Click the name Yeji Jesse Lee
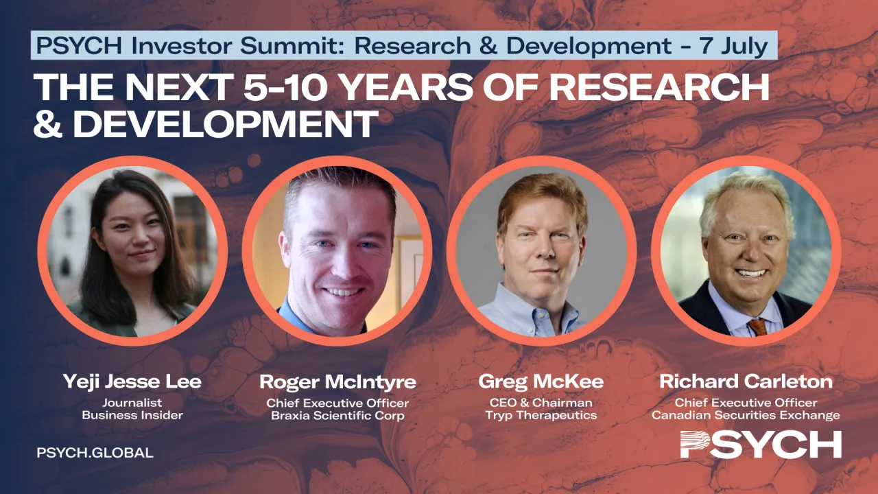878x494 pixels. [132, 382]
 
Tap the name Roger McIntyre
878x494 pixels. [337, 382]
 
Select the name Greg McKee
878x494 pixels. [541, 382]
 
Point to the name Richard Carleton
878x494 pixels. [746, 382]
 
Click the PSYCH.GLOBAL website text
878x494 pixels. [95, 453]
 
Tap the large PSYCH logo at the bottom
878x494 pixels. [761, 445]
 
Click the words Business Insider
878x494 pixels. [132, 415]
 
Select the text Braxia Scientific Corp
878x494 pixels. [337, 416]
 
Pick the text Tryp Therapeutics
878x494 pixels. [541, 415]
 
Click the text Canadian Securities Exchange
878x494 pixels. [746, 415]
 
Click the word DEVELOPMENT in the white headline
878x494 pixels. [226, 123]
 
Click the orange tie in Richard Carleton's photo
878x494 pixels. [757, 326]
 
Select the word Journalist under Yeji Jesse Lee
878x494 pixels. [132, 403]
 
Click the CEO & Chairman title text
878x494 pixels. [541, 403]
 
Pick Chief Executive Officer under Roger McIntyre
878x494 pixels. [337, 403]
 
